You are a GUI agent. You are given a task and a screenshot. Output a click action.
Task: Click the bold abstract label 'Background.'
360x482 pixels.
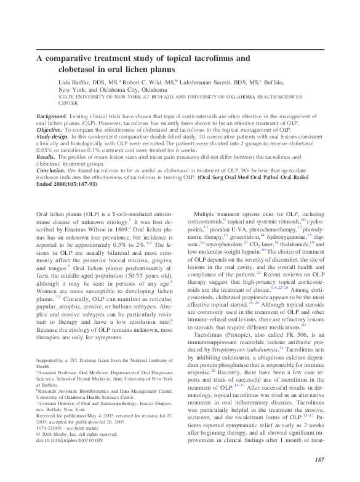52,116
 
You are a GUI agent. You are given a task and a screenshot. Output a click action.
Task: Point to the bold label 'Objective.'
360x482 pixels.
50,131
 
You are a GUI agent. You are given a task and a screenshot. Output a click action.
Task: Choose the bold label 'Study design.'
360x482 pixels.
54,137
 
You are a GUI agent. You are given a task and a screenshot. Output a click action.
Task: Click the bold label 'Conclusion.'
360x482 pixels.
52,172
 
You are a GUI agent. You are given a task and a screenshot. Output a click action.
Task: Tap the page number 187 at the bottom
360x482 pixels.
318,460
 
